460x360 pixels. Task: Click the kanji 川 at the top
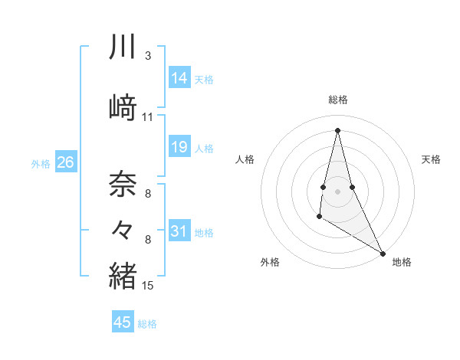(123, 47)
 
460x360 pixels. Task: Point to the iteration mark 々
(123, 229)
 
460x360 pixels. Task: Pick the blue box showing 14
(179, 77)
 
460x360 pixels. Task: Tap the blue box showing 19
(179, 147)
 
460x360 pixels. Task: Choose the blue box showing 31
(179, 231)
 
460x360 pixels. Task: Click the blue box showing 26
(66, 162)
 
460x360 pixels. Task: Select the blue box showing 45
(123, 322)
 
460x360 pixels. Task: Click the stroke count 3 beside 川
(148, 55)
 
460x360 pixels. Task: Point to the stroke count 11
(148, 117)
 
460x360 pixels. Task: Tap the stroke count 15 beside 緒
(148, 286)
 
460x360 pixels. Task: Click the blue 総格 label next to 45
(147, 324)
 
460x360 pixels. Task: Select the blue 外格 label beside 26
(40, 164)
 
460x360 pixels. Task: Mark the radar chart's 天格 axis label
(431, 159)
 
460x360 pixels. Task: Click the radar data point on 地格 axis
(383, 253)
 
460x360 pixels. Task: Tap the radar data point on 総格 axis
(337, 129)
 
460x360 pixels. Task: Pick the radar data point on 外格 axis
(319, 218)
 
